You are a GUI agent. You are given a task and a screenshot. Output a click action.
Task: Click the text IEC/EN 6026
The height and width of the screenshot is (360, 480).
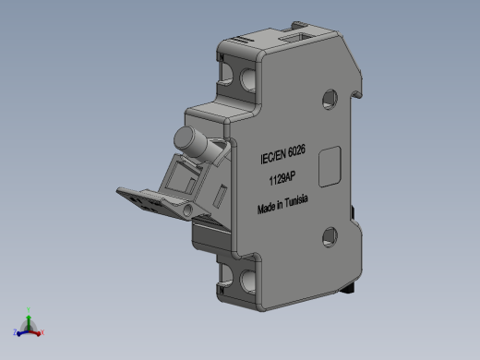pos(282,154)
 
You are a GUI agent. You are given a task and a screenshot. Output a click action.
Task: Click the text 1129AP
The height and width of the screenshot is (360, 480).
pos(282,178)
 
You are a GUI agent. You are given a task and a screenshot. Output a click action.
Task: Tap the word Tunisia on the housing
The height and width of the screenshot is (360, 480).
pos(296,201)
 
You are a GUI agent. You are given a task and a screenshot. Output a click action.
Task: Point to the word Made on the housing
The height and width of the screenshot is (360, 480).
pos(267,209)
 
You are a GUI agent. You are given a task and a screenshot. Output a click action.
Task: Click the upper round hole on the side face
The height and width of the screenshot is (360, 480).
pos(330,99)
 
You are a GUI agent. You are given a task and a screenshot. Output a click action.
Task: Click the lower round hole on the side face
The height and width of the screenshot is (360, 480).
pos(330,237)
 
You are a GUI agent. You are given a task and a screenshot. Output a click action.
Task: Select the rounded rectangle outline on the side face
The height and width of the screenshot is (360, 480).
pos(330,167)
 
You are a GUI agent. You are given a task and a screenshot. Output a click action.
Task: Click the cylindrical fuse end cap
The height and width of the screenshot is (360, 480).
pos(185,138)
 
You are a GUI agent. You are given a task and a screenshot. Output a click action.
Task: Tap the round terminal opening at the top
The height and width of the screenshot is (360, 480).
pos(248,79)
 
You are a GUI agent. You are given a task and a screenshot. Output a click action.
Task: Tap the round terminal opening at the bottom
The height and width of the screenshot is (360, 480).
pos(248,281)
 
